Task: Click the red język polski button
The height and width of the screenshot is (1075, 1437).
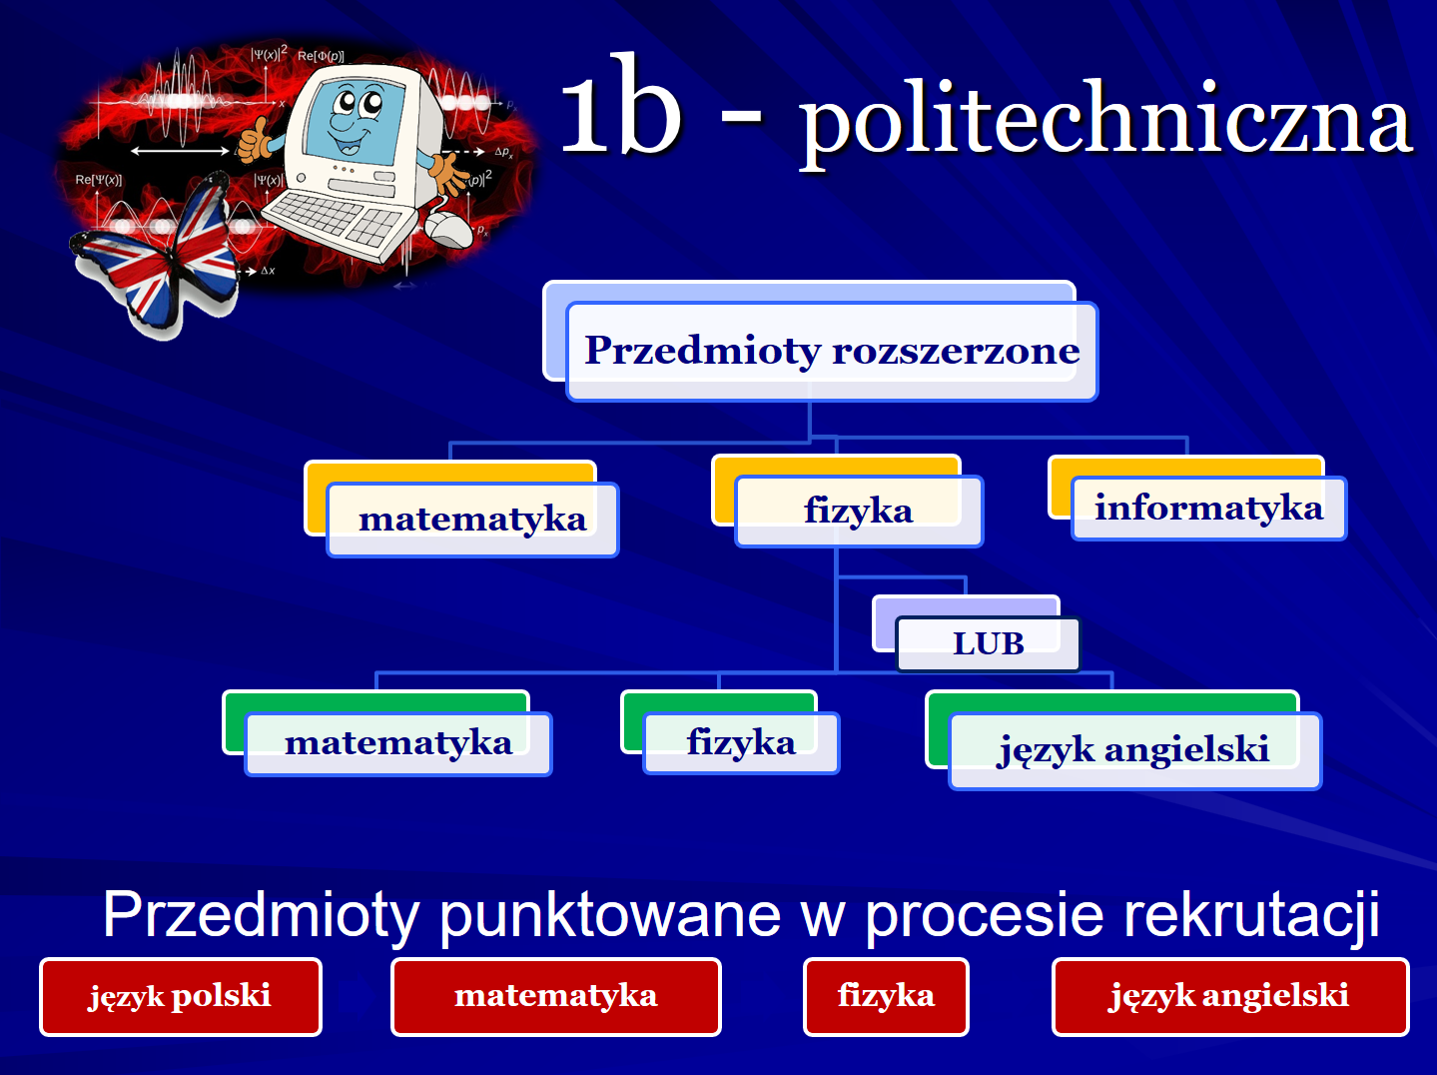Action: (x=180, y=996)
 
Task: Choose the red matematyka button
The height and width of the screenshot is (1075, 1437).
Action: (x=556, y=996)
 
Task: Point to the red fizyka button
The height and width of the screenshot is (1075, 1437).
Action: (x=886, y=996)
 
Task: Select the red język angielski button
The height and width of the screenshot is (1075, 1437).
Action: (x=1230, y=996)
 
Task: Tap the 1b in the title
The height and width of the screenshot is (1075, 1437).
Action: (x=620, y=103)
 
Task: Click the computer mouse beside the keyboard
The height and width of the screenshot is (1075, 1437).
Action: (x=448, y=229)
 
